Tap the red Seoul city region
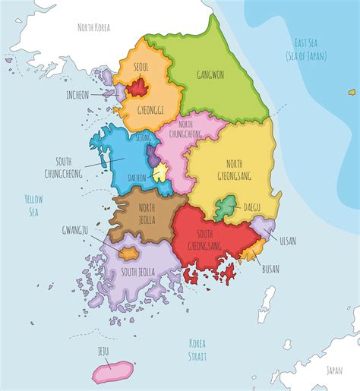[x=137, y=88]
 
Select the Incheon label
[x=77, y=95]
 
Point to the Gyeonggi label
[x=151, y=109]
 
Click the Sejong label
[x=143, y=139]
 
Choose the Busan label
[x=270, y=269]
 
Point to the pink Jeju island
[x=111, y=371]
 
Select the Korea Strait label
[x=197, y=348]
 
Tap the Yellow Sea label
[x=33, y=205]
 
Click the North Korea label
[x=94, y=27]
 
